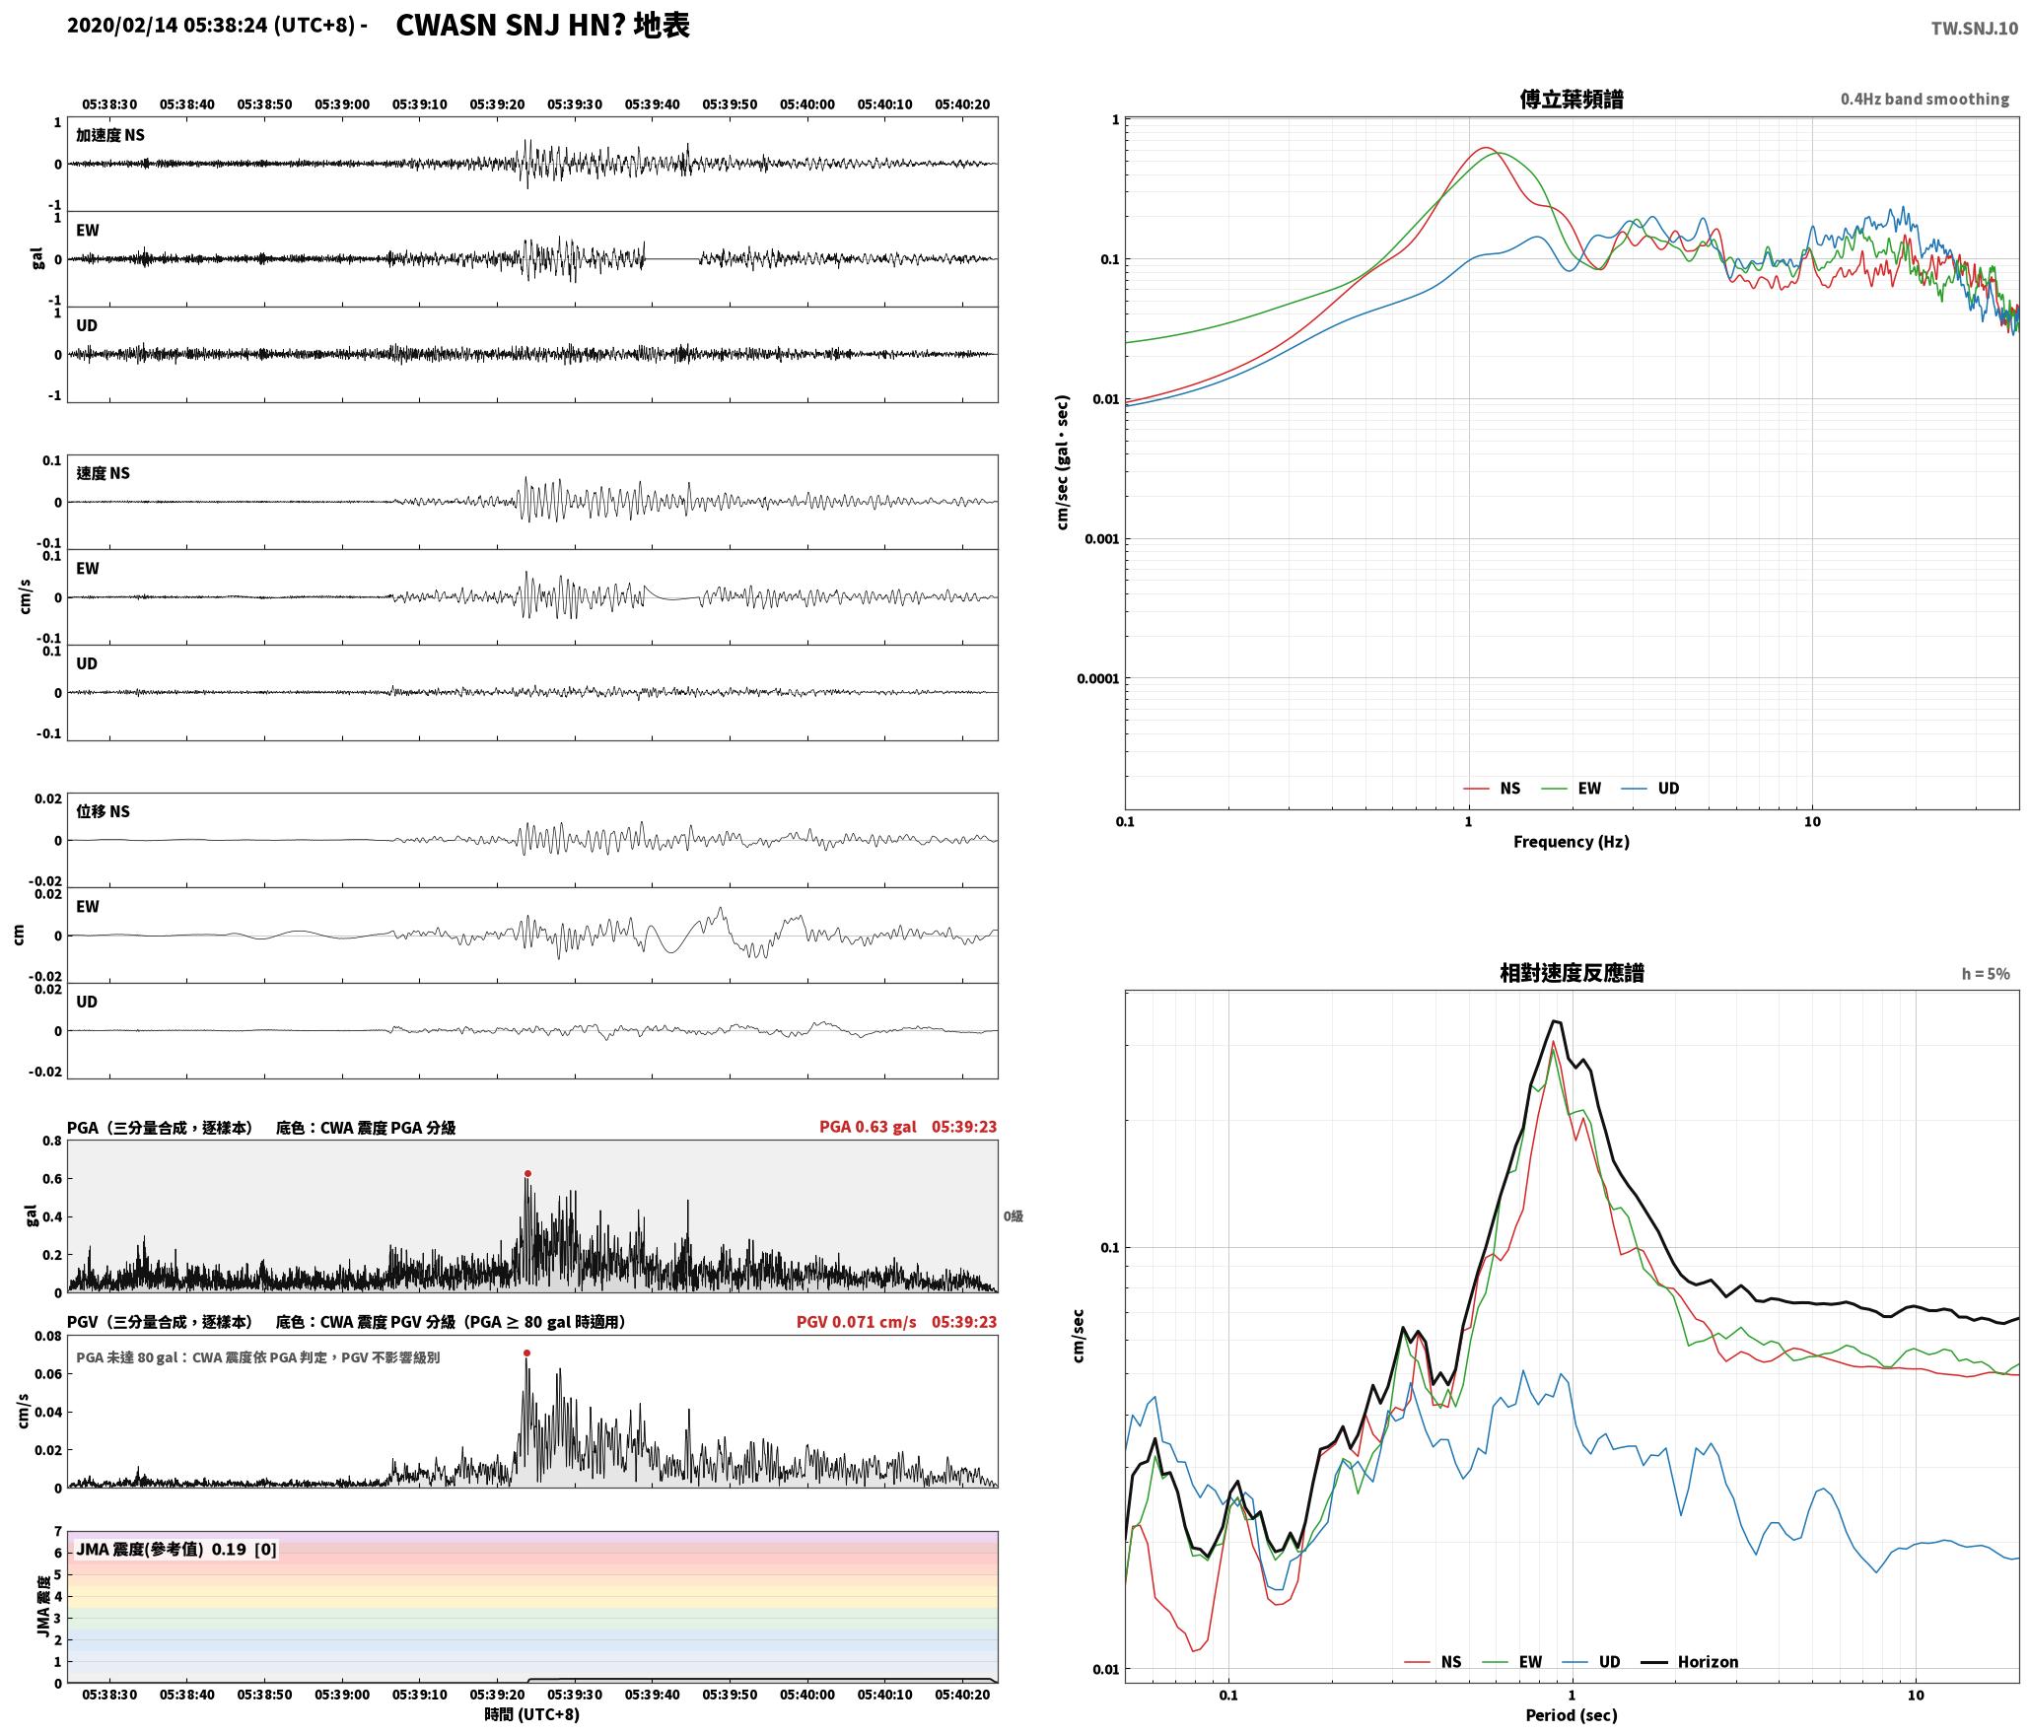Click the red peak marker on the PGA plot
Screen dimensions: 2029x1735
point(527,1173)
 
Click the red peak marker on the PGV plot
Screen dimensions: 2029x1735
point(526,1353)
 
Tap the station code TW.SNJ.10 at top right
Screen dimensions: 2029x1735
point(1974,29)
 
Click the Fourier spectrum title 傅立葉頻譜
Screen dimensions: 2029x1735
point(1572,99)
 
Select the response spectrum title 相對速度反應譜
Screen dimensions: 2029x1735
point(1572,973)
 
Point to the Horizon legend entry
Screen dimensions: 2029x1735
point(1689,1662)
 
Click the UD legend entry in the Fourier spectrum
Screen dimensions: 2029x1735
point(1650,788)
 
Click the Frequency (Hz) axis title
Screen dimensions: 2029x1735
point(1572,841)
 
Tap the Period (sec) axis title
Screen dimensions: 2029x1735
point(1572,1714)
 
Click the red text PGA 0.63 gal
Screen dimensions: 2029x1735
point(868,1127)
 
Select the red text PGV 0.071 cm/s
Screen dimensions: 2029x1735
point(856,1322)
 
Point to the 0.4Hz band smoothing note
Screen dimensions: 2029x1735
point(1924,99)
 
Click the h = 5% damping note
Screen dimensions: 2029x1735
point(1986,974)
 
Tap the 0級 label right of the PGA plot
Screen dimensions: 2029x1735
point(1014,1216)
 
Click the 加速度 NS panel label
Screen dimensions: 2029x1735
point(110,135)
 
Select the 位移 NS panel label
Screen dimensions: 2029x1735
point(103,811)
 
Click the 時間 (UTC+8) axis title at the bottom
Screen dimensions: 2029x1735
point(531,1714)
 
